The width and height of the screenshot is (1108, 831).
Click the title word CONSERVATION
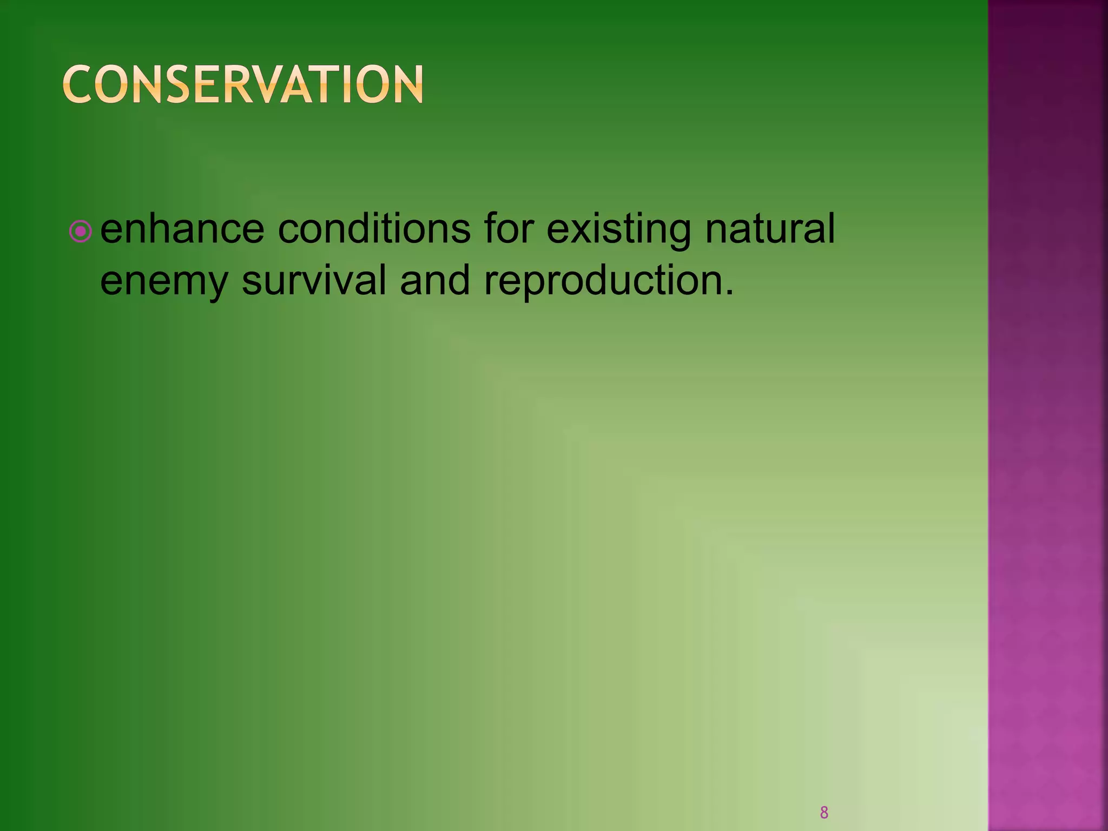(x=243, y=84)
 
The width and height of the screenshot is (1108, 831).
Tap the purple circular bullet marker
(x=81, y=232)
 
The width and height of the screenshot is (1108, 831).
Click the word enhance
(x=182, y=229)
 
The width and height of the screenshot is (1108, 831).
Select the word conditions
(x=374, y=229)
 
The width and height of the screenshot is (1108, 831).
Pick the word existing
(x=618, y=230)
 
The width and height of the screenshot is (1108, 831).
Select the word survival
(x=314, y=280)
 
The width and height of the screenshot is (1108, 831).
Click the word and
(x=434, y=280)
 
